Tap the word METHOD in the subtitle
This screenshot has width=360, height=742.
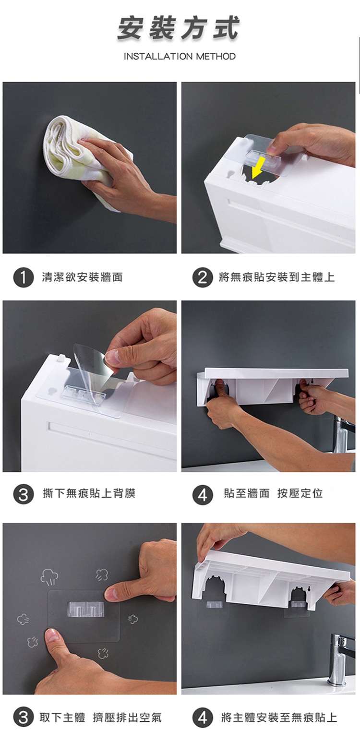click(216, 56)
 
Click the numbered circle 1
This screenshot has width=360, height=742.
click(23, 277)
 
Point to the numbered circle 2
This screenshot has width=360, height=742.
click(203, 277)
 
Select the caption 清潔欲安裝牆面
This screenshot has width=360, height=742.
click(82, 277)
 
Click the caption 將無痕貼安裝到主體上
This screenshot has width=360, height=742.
click(276, 277)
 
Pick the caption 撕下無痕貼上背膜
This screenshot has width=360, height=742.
click(89, 493)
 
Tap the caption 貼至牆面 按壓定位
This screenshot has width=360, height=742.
click(273, 493)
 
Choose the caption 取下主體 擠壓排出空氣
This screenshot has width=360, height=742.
click(101, 717)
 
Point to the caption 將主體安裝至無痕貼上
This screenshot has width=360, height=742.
click(279, 717)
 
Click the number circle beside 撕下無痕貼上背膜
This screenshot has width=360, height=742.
click(23, 494)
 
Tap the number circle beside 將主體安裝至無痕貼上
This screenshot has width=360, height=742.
click(203, 718)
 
